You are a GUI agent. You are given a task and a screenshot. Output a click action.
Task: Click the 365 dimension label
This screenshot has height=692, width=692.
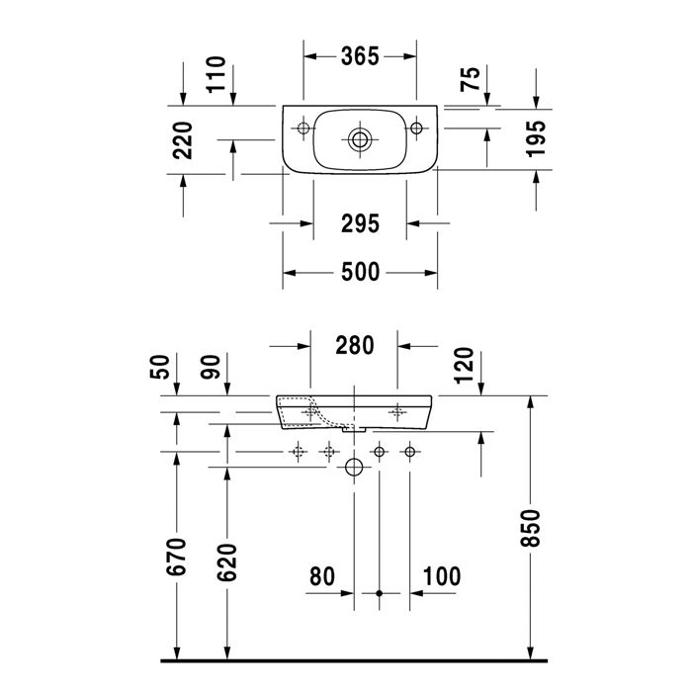click(360, 56)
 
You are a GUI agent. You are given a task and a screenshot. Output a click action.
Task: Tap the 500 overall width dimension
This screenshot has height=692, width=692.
click(360, 273)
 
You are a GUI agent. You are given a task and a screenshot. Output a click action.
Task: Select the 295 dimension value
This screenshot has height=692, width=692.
click(360, 223)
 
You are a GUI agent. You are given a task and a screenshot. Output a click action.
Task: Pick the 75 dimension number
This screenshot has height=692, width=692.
click(472, 79)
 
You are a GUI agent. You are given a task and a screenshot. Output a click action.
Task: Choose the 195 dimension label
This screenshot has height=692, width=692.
click(535, 139)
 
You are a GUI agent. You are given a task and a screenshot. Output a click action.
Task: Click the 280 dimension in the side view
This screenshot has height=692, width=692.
click(354, 345)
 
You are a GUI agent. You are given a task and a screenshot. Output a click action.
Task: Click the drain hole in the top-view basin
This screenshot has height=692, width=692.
click(361, 138)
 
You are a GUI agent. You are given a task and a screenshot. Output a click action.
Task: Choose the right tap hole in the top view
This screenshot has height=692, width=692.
click(417, 126)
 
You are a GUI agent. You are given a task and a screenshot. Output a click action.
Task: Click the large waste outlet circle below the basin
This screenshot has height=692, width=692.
click(353, 468)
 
